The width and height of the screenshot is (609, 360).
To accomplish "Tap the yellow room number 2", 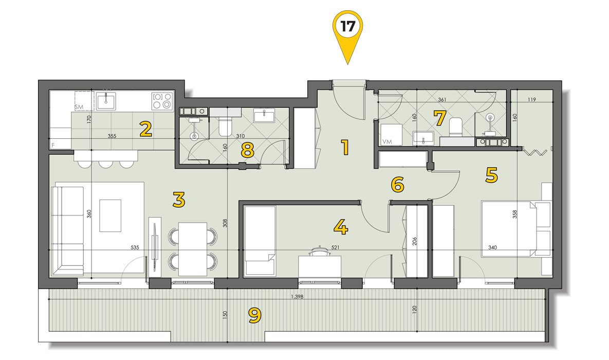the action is coord(145,130).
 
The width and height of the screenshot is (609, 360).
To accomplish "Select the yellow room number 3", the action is coord(179,200).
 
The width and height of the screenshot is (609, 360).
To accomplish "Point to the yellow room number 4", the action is coord(341,227).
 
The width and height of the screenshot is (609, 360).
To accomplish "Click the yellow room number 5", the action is coord(491,175).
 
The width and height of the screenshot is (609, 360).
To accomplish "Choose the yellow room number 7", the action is coord(439,119).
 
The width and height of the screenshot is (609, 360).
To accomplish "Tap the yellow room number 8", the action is coord(247,150).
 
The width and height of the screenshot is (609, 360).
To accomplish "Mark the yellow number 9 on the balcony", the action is coord(255,316).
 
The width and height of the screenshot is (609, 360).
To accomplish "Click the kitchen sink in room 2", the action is coord(106,101).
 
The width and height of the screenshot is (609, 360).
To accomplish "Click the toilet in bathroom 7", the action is coord(455,127).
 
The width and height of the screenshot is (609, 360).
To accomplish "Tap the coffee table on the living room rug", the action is coord(110,216).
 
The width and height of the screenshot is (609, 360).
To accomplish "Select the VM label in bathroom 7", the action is coord(387,142).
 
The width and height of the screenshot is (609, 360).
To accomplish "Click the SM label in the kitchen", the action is coord(79,107).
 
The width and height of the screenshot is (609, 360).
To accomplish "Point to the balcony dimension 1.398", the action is coord(297,297).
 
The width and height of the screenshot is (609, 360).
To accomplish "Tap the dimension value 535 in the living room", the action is coord(135,247).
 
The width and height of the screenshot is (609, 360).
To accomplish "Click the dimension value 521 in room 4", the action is coord(335,247).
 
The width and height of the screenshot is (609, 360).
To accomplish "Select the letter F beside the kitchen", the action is coord(53,146).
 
